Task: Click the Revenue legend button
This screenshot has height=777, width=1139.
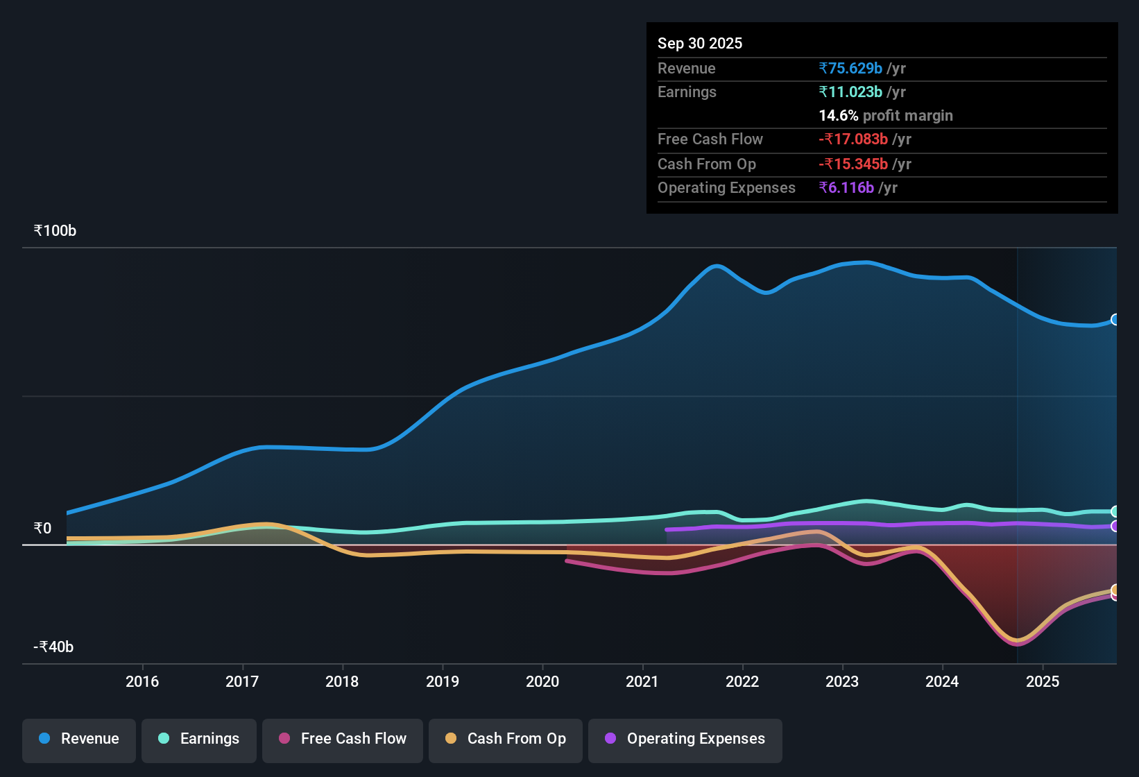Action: [79, 739]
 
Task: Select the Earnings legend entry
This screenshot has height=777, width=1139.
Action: [199, 739]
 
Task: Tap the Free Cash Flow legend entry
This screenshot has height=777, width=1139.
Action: [343, 739]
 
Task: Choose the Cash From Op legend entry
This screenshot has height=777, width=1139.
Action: [506, 739]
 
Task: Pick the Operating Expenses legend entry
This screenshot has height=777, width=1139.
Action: [685, 739]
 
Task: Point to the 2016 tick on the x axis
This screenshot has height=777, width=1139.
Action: [142, 681]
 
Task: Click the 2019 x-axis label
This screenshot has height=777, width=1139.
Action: [443, 681]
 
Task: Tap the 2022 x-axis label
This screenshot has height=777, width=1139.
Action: [742, 681]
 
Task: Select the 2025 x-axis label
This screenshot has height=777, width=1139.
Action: [1043, 681]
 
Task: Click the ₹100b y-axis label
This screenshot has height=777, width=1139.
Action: [55, 231]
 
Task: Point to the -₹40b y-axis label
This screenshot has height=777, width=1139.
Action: [53, 647]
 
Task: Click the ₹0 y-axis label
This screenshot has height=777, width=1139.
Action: [42, 529]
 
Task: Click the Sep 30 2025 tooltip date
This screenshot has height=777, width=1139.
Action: [700, 44]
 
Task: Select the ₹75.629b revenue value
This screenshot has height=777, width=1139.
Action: [850, 69]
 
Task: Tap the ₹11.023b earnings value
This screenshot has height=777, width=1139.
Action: [850, 92]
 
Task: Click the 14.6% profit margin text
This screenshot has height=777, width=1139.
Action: [886, 116]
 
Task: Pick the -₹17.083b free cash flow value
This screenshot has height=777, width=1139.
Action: [853, 139]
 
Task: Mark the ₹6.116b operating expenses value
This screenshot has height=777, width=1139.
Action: [846, 188]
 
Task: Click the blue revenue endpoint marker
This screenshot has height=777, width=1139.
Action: [1115, 320]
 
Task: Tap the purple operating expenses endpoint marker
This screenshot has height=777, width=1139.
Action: [1115, 527]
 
